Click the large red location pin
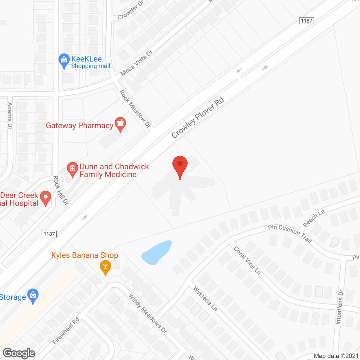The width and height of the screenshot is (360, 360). point(180,166)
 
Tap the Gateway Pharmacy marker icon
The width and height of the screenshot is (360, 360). point(120,124)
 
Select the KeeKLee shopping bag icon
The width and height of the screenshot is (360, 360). point(64,60)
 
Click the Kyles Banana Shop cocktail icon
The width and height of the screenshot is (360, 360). point(105,267)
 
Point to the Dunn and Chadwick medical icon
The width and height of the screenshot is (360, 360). point(73,169)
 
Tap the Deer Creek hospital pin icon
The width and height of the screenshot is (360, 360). point(46,198)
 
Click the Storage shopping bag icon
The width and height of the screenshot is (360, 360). point(33,296)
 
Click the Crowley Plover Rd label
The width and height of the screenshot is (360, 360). point(197,118)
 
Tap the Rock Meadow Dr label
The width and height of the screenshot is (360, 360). point(135,109)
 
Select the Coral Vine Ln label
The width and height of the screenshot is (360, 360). point(247,260)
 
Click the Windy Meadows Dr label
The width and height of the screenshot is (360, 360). point(148,313)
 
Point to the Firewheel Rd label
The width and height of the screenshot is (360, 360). point(66,331)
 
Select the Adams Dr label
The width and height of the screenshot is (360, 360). point(10,116)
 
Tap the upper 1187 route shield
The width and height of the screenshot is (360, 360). point(306,21)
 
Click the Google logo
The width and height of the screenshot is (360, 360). point(19,353)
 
